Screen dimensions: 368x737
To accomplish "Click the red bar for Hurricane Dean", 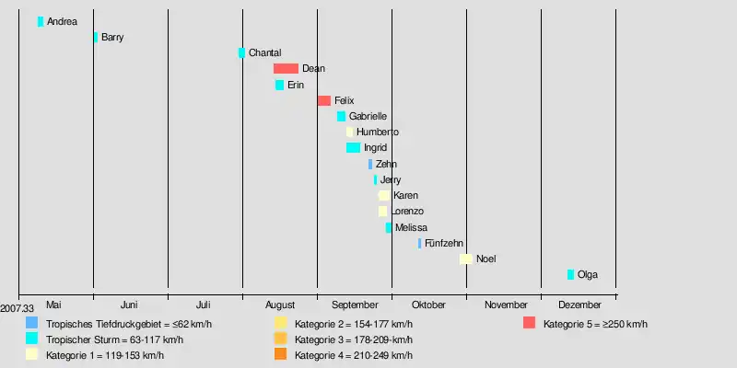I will (x=286, y=69).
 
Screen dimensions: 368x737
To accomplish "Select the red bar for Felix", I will (x=323, y=100).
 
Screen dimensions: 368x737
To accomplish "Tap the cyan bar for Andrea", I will (x=41, y=21).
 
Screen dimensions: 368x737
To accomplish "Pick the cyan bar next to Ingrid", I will (x=353, y=148).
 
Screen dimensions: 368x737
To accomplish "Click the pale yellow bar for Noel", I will (x=466, y=259).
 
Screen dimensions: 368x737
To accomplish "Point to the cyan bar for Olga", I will (x=570, y=275).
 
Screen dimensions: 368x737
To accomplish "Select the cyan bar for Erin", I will (x=279, y=85).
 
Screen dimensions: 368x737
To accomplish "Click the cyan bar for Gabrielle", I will (x=341, y=117).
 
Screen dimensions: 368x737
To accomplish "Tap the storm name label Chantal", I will (x=264, y=53).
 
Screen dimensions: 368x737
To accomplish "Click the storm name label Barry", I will (x=112, y=38).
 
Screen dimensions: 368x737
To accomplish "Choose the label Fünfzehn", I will (x=443, y=243).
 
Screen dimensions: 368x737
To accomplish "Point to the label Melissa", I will (x=411, y=227).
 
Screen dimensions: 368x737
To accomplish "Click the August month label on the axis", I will (x=279, y=305).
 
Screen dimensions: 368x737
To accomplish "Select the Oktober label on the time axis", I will (x=428, y=305).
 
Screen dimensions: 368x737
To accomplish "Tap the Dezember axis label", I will (x=579, y=305).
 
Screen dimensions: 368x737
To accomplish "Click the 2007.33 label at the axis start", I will (x=17, y=309).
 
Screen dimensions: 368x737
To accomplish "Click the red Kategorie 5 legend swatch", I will (x=529, y=323).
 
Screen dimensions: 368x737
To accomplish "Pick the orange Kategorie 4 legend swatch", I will (x=281, y=354).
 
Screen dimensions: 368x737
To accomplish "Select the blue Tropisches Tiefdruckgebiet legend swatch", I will (x=32, y=323).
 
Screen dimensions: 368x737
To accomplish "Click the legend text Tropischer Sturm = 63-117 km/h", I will (x=114, y=339).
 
